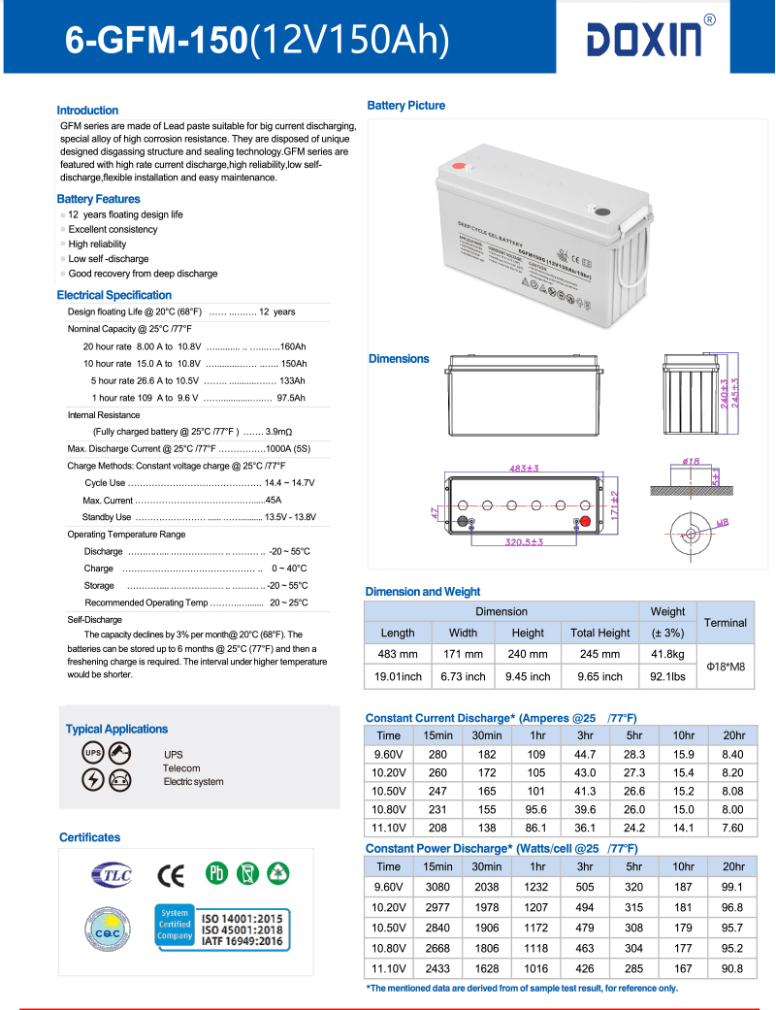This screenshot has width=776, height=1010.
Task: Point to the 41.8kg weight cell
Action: (667, 654)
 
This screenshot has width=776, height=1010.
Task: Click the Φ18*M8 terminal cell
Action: (726, 666)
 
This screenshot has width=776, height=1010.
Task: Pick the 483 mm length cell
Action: (398, 654)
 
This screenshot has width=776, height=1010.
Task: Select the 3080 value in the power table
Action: (437, 887)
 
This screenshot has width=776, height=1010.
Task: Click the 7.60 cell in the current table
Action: (732, 828)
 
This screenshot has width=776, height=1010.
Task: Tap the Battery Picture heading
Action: (405, 105)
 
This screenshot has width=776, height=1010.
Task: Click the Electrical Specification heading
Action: (113, 295)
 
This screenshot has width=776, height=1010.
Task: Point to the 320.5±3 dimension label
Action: (524, 542)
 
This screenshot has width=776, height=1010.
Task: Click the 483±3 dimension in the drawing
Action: (524, 468)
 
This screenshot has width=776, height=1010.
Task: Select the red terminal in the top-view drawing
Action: (585, 522)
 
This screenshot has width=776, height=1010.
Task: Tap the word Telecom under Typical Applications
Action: (181, 768)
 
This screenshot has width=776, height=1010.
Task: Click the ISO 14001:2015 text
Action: (242, 917)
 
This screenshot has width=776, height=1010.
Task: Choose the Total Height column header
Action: (599, 633)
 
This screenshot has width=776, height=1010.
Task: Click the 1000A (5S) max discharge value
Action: (287, 448)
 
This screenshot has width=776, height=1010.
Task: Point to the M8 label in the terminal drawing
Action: (722, 524)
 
